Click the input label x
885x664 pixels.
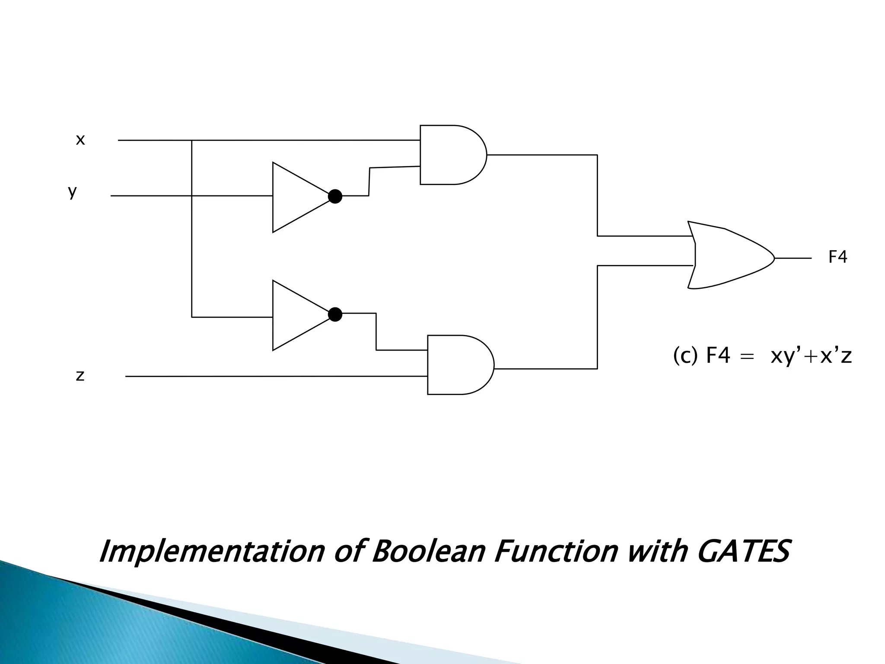click(x=80, y=140)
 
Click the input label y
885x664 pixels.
click(x=72, y=191)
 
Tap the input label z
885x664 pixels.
click(x=80, y=376)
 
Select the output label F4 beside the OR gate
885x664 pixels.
click(x=837, y=257)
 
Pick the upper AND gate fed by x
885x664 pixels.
click(x=452, y=155)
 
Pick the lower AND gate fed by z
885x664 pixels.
click(x=459, y=364)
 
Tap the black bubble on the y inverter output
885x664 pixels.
click(x=335, y=197)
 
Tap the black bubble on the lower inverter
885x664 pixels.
click(x=335, y=314)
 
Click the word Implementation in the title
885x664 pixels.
click(x=212, y=552)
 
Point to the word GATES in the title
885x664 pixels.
click(x=743, y=551)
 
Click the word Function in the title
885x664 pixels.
click(x=555, y=551)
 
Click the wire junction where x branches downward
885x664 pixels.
click(x=192, y=140)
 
